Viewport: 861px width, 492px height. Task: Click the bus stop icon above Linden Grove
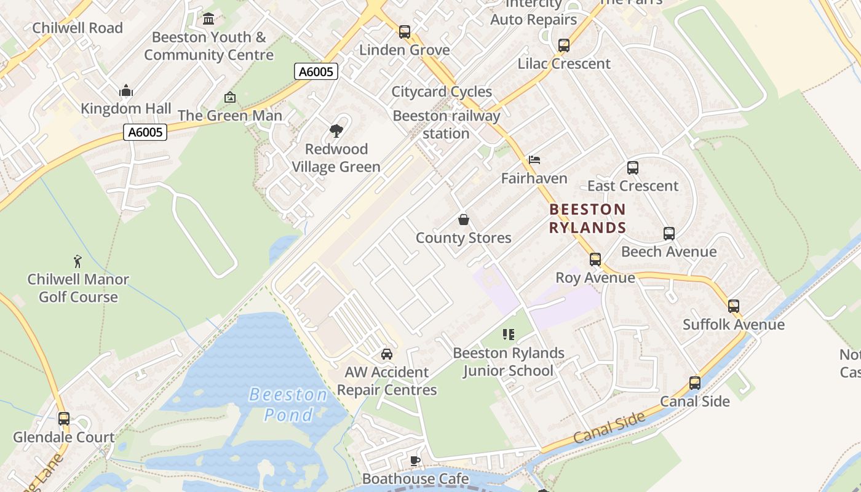404,31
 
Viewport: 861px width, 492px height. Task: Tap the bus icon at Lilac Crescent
563,45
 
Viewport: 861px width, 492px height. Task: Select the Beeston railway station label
446,124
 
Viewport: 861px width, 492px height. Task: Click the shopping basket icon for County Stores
464,220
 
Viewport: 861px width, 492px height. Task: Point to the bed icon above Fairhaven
534,160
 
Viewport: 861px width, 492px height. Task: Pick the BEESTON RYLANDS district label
587,218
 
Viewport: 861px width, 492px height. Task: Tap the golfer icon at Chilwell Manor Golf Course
77,261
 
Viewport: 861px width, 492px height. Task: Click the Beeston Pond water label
288,405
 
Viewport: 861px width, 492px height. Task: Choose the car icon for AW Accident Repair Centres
387,354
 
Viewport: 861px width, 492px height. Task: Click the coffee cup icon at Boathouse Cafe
415,461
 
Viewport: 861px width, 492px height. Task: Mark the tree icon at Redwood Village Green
336,130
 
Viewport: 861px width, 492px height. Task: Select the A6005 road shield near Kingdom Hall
145,132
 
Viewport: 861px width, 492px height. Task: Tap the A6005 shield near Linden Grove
316,72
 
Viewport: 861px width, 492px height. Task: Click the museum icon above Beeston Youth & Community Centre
208,19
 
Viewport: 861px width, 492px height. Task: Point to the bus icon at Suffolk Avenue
733,306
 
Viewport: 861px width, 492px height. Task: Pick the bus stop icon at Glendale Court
64,419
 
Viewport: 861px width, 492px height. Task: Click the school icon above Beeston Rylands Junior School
508,335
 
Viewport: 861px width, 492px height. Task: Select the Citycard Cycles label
442,92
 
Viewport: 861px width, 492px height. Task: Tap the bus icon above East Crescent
632,167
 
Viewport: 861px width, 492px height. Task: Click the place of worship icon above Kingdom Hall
126,91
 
